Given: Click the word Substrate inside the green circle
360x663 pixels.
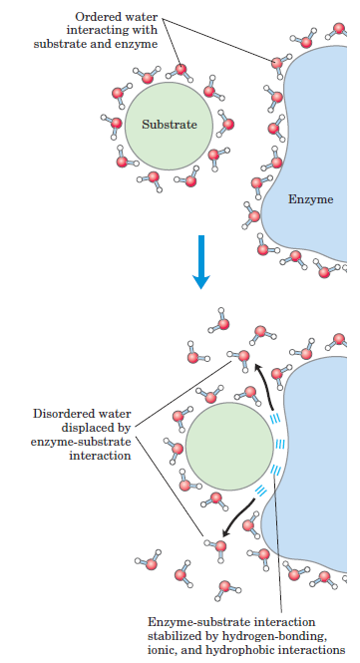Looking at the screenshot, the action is (x=170, y=125).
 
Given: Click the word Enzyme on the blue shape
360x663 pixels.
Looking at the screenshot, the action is (x=311, y=199).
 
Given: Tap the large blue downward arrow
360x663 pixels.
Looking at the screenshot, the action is (x=201, y=262).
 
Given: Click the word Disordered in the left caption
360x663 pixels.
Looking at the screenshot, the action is (x=82, y=414).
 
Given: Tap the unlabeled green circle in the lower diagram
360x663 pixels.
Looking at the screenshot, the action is (x=229, y=446).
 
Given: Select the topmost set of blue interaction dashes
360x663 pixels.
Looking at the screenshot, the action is (x=275, y=419).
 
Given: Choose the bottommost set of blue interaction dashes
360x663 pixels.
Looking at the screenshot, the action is (x=260, y=491).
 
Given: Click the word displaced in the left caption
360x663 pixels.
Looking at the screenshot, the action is (x=97, y=428).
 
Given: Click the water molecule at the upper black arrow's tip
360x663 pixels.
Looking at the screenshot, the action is (x=242, y=358).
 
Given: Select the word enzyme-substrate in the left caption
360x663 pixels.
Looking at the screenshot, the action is (x=81, y=442).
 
